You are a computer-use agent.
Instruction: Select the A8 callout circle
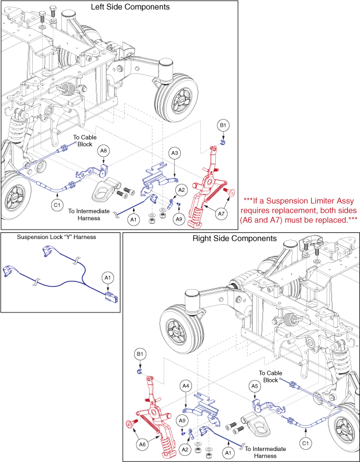[103, 151]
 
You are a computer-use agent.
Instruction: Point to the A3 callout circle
[175, 153]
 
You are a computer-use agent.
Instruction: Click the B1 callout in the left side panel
[223, 127]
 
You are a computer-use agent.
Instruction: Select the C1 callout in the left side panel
[57, 205]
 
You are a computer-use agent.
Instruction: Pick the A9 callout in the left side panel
[178, 220]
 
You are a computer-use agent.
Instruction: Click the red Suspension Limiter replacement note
[299, 210]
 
